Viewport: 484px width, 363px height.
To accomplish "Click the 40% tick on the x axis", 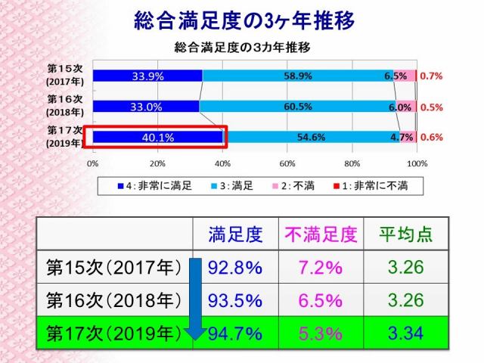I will point(222,163).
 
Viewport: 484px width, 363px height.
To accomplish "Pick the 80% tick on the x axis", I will point(352,163).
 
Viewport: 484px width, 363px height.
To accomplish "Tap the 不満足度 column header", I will point(320,235).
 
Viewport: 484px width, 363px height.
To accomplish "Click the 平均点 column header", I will point(405,235).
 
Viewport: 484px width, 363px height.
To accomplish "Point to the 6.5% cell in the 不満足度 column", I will point(320,300).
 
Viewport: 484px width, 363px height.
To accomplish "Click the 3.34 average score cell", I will point(405,333).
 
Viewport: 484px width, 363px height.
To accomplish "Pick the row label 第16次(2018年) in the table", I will point(113,300).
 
